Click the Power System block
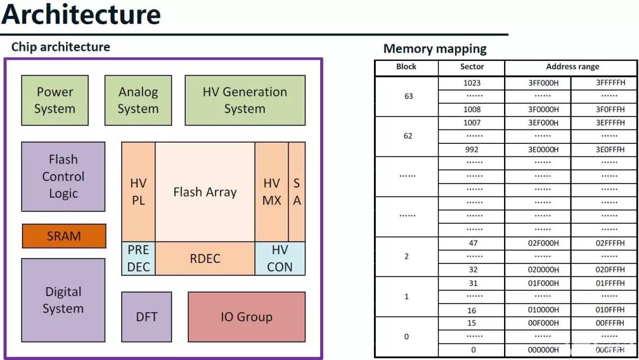coord(54,100)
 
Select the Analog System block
coord(138,100)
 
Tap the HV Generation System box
coord(245,100)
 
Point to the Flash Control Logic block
coord(63,176)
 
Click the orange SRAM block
coord(64,236)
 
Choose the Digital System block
coord(63,300)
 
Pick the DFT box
coord(147,317)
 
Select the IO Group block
coord(247,317)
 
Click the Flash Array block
coord(205,192)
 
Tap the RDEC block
coord(205,259)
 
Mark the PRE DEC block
coord(138,259)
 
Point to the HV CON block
coord(280,259)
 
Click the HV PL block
coord(138,192)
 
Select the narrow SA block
coord(297,192)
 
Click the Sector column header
coord(472,67)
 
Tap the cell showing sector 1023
coord(472,83)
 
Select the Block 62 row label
coord(407,136)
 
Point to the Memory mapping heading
coord(435,49)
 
